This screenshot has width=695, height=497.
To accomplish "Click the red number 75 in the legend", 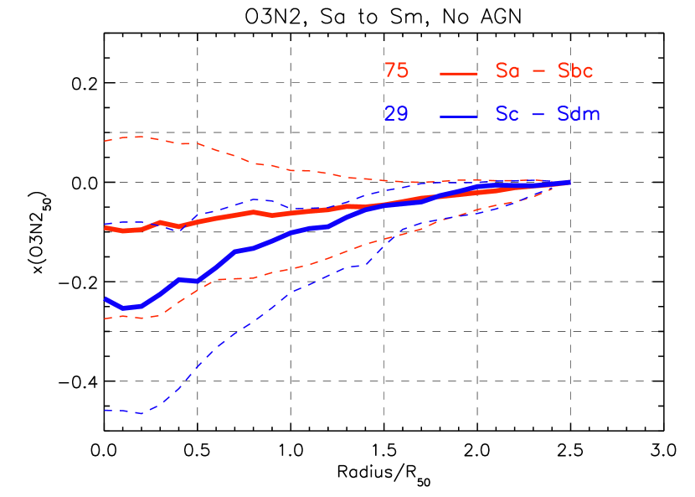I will pos(396,71).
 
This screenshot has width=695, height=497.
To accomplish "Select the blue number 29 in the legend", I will pos(396,114).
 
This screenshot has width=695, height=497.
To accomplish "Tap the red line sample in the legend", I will pos(458,73).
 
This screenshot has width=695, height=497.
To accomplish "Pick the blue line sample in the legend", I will pos(458,116).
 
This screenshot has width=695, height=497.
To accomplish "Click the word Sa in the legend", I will pos(507,71).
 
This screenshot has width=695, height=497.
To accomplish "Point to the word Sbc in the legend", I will pos(575,71).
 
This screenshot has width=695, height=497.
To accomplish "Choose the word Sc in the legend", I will pos(507,114).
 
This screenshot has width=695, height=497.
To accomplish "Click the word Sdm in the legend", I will pos(579,114).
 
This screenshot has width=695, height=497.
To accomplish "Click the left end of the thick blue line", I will pos(106,298).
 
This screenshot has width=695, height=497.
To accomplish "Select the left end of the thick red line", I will pos(106,227).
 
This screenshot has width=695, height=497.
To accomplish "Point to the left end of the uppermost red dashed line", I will pos(104,141).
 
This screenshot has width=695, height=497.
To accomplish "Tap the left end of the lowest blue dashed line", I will pos(106,410).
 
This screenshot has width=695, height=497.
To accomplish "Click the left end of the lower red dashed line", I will pos(104,318).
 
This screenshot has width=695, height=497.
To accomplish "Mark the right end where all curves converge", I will pos(569,182).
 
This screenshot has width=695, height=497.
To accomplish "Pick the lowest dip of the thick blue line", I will pos(124,308).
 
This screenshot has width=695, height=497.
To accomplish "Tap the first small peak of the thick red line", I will pos(160,222).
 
